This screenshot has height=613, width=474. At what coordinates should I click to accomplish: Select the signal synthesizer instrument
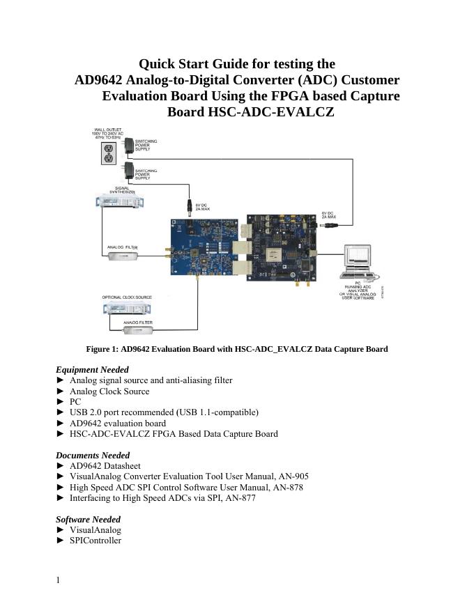click(x=116, y=202)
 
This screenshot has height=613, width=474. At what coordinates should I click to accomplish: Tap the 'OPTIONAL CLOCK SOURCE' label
click(x=126, y=297)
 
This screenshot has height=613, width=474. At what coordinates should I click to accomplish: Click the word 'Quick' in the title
click(x=157, y=64)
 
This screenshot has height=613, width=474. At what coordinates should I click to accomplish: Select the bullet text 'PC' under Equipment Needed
click(x=75, y=402)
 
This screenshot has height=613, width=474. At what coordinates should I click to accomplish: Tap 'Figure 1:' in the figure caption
click(x=98, y=348)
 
